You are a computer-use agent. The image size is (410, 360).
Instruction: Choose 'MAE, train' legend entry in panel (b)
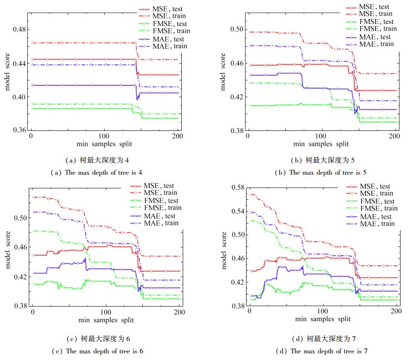(377, 44)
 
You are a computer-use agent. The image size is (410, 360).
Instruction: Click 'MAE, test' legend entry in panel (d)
(377, 216)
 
